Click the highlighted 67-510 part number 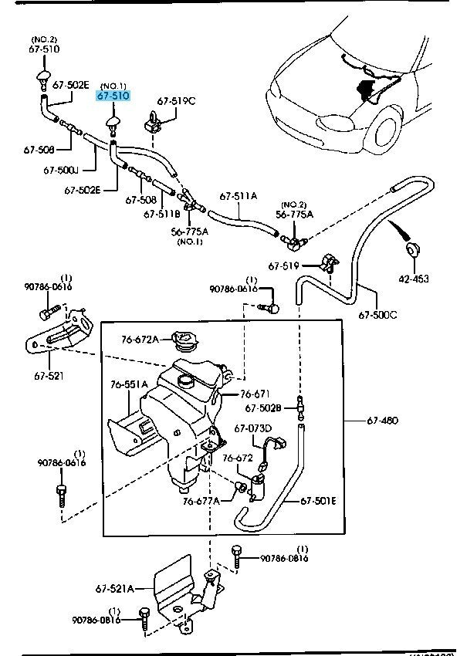(113, 96)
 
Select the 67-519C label (176, 101)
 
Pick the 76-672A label (140, 339)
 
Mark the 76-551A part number (128, 384)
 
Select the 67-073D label (252, 428)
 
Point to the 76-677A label (201, 501)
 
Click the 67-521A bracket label (114, 589)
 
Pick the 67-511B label (164, 214)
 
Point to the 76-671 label (261, 394)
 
